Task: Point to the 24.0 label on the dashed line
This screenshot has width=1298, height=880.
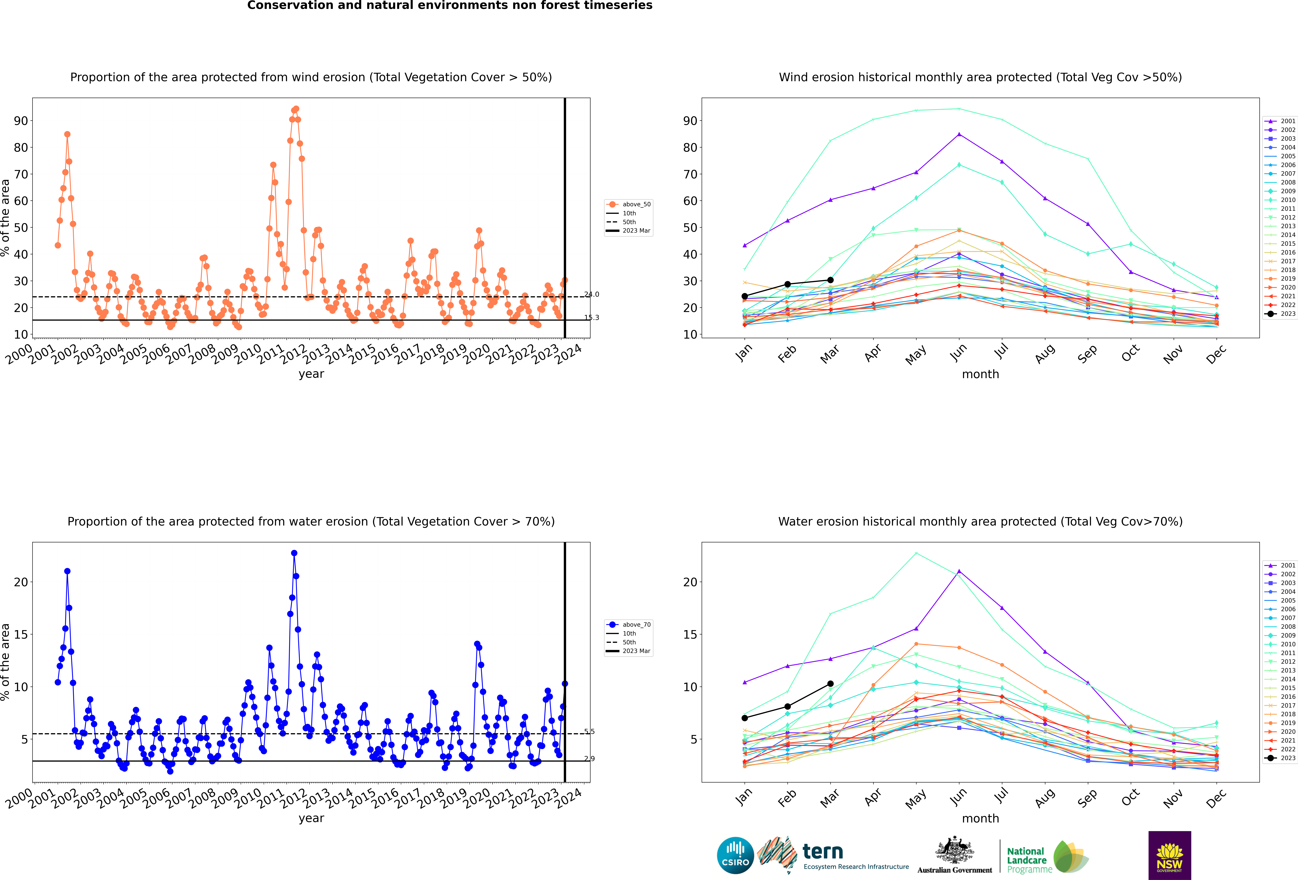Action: tap(591, 294)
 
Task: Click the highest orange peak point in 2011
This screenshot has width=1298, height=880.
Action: tap(296, 109)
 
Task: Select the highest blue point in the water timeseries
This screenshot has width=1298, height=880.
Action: tap(294, 553)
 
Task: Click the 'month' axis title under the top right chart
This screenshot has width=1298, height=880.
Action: tap(980, 374)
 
